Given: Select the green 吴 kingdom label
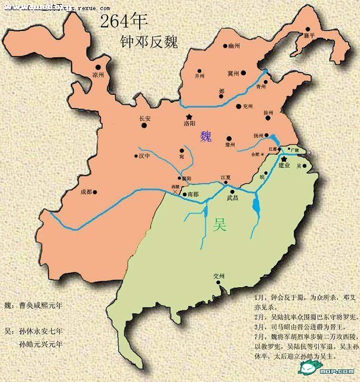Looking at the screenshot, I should point(220,225).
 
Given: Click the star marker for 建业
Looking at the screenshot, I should point(284,158).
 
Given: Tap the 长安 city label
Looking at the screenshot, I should point(145,118).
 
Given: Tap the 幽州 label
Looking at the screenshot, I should point(233,45).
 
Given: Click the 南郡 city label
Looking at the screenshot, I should point(193,195).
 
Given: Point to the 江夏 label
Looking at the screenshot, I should point(226,177).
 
